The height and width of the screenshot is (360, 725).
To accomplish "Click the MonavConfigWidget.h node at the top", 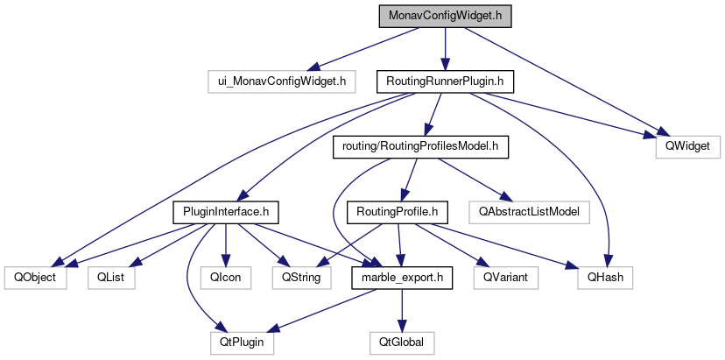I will click(444, 17).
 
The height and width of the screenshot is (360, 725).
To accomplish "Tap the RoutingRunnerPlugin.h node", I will click(444, 82).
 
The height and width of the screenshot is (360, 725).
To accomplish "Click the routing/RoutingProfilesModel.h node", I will click(421, 146).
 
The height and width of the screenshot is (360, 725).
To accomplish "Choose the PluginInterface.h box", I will click(226, 211).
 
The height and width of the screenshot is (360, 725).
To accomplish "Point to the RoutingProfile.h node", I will click(398, 211).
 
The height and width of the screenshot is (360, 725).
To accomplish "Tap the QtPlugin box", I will click(242, 342).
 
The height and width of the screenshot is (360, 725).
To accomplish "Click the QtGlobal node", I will click(401, 342).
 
